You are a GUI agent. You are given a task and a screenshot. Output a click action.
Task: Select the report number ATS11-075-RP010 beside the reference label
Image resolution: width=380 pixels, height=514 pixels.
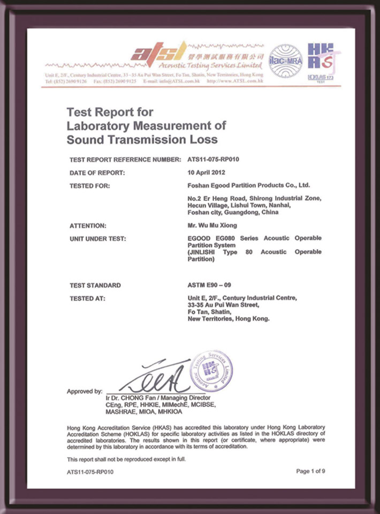tap(213, 160)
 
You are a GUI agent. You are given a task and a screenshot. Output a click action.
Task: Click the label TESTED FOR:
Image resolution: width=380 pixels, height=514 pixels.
tap(90, 186)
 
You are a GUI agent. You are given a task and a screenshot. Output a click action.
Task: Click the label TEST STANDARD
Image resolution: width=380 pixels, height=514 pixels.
tap(95, 285)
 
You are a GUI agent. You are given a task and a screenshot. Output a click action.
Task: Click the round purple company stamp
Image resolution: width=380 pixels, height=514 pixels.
tap(211, 370)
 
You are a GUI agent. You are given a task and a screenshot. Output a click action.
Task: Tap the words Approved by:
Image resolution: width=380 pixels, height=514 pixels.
tap(85, 392)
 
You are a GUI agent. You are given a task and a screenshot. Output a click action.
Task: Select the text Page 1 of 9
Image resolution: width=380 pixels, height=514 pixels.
tap(310, 471)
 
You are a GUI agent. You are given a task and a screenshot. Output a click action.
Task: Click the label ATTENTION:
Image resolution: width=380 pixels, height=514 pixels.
tap(88, 226)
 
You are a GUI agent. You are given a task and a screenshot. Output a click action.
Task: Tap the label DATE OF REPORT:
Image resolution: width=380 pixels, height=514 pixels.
tap(97, 173)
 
